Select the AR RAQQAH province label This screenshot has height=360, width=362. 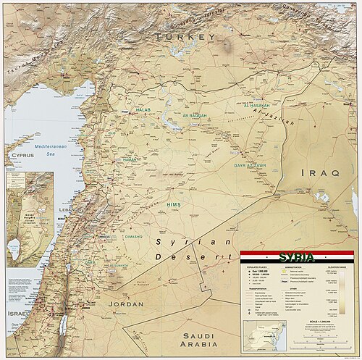click(194, 115)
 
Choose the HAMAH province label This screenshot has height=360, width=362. click(130, 159)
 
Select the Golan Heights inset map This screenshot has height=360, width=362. click(30, 217)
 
